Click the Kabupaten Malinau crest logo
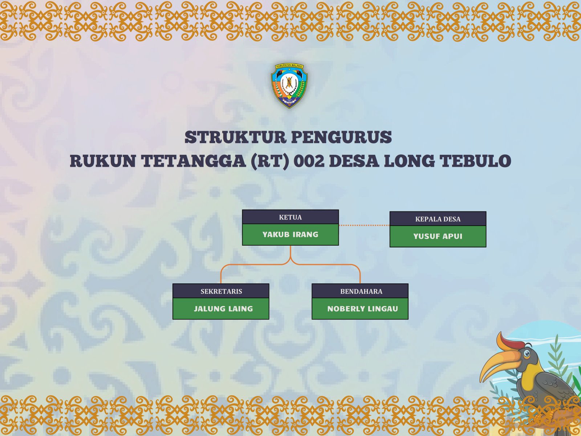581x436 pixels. [289, 86]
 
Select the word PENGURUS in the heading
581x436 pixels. [341, 137]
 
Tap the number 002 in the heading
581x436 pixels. [309, 161]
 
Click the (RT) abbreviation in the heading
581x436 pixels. [270, 161]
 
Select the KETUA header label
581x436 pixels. [290, 217]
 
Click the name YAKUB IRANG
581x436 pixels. [290, 234]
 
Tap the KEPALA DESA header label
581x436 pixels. [438, 219]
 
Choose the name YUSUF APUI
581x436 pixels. [438, 236]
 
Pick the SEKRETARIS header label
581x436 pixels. [221, 291]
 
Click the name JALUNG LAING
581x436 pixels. [223, 309]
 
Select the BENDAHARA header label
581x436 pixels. [361, 291]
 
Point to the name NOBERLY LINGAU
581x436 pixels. [363, 309]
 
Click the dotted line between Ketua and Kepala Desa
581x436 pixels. [364, 225]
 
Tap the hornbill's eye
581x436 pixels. [527, 354]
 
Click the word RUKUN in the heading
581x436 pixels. [103, 161]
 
